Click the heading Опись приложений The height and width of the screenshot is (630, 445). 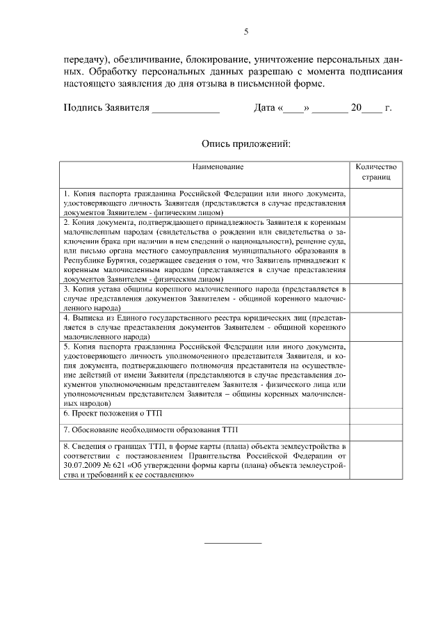[245, 144]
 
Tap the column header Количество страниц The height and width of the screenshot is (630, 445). [375, 173]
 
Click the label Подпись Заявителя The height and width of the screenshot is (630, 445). [106, 109]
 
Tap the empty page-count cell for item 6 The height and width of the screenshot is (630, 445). [375, 414]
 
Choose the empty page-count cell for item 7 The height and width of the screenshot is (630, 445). [375, 431]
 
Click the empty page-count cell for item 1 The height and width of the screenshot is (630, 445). [375, 202]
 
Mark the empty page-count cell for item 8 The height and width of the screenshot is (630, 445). [375, 461]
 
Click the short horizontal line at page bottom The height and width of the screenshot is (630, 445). [233, 542]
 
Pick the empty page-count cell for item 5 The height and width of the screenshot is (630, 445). [375, 374]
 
